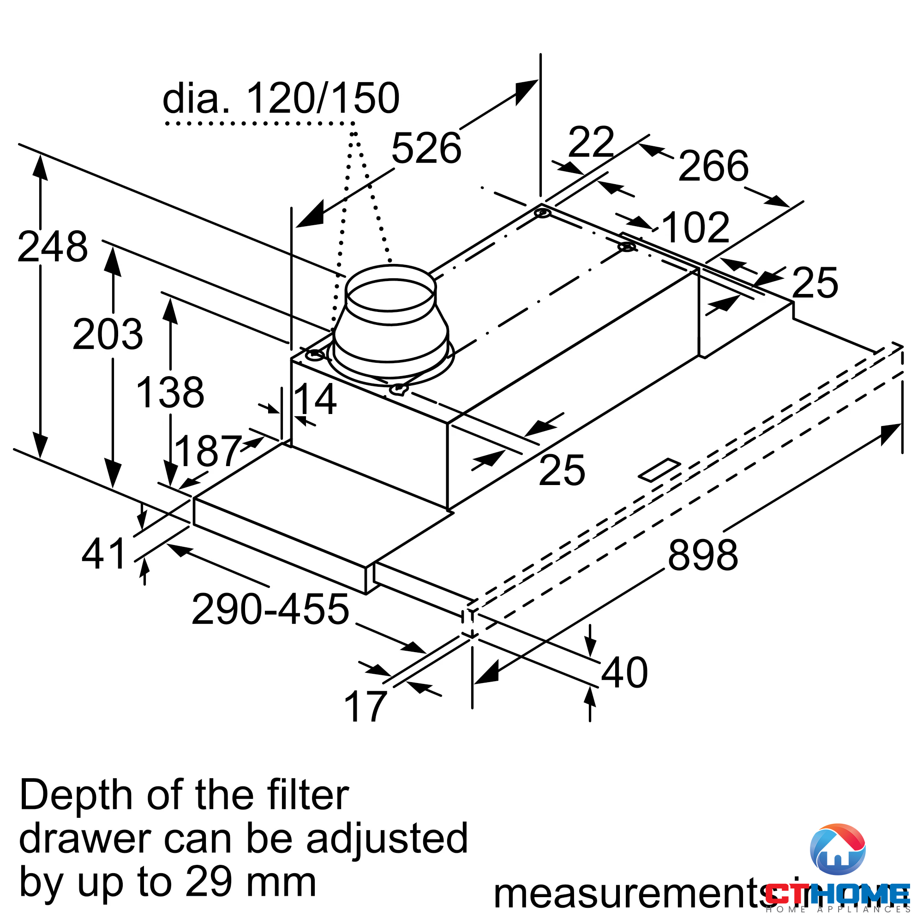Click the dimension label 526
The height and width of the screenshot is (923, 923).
(x=426, y=149)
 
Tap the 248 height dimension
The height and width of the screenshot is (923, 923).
(x=53, y=246)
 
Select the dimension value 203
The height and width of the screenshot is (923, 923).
(x=108, y=335)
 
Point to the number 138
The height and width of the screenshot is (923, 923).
(x=170, y=393)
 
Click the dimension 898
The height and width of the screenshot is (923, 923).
(x=702, y=555)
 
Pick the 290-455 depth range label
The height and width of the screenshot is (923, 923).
(x=270, y=609)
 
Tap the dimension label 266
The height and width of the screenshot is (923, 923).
(x=713, y=166)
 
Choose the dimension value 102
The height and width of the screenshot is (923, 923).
(x=695, y=228)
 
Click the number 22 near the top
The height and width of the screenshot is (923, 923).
(x=591, y=142)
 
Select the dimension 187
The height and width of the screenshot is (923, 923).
(x=207, y=450)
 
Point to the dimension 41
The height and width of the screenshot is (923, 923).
(x=104, y=554)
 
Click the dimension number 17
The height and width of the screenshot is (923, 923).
(x=365, y=707)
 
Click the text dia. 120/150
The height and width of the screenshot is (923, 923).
(x=281, y=98)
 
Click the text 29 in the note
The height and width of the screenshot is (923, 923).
(x=208, y=881)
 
